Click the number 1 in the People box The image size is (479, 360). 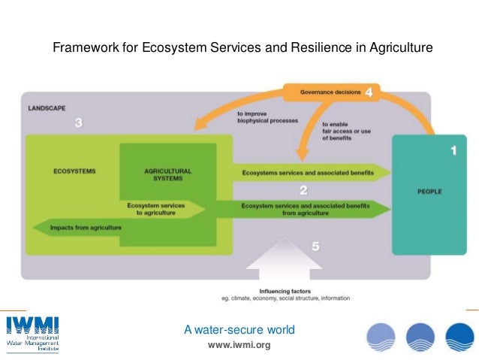(453, 151)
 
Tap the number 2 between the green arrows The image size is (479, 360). (303, 190)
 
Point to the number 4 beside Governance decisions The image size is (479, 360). (369, 93)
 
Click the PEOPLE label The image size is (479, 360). (429, 192)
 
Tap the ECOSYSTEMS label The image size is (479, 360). (74, 171)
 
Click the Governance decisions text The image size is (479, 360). (331, 94)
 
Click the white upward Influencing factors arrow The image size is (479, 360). (282, 259)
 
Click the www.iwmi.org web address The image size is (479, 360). (239, 345)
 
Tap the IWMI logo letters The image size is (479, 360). (32, 326)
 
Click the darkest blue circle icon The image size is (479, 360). (459, 337)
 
